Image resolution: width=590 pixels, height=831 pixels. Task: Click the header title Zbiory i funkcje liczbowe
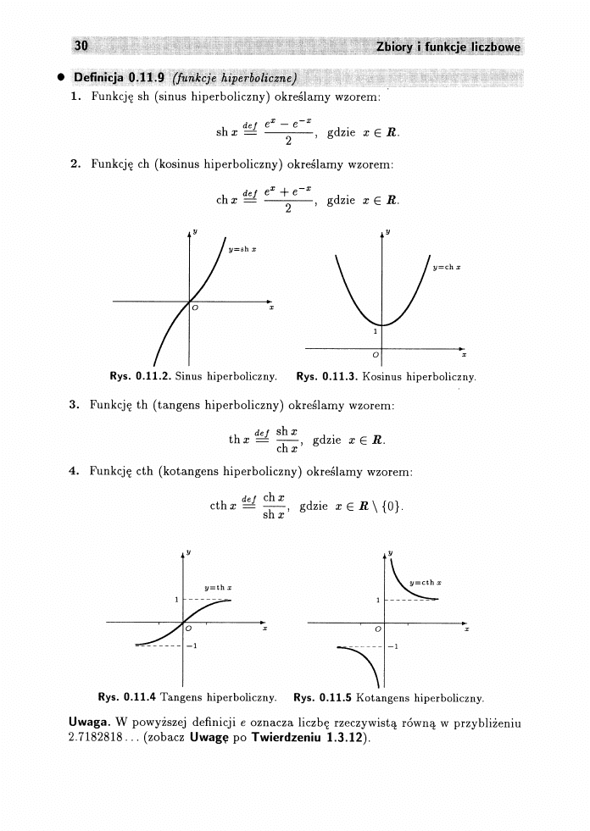[x=448, y=47]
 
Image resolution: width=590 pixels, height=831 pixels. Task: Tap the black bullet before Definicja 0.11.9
[x=62, y=79]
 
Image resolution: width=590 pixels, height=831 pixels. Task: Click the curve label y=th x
[x=220, y=587]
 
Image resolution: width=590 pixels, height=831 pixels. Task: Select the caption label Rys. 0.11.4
[x=126, y=698]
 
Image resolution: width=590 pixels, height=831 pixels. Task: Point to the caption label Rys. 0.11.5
[x=323, y=698]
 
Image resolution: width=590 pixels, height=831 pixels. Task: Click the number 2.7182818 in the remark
[x=96, y=737]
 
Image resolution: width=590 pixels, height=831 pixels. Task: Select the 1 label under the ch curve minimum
[x=375, y=333]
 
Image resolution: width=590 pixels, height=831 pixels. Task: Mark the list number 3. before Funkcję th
[x=75, y=403]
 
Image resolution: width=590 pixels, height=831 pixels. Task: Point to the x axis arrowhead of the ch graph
[x=463, y=347]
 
